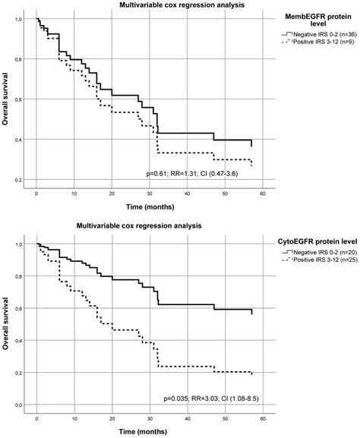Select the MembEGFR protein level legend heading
click(x=319, y=20)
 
